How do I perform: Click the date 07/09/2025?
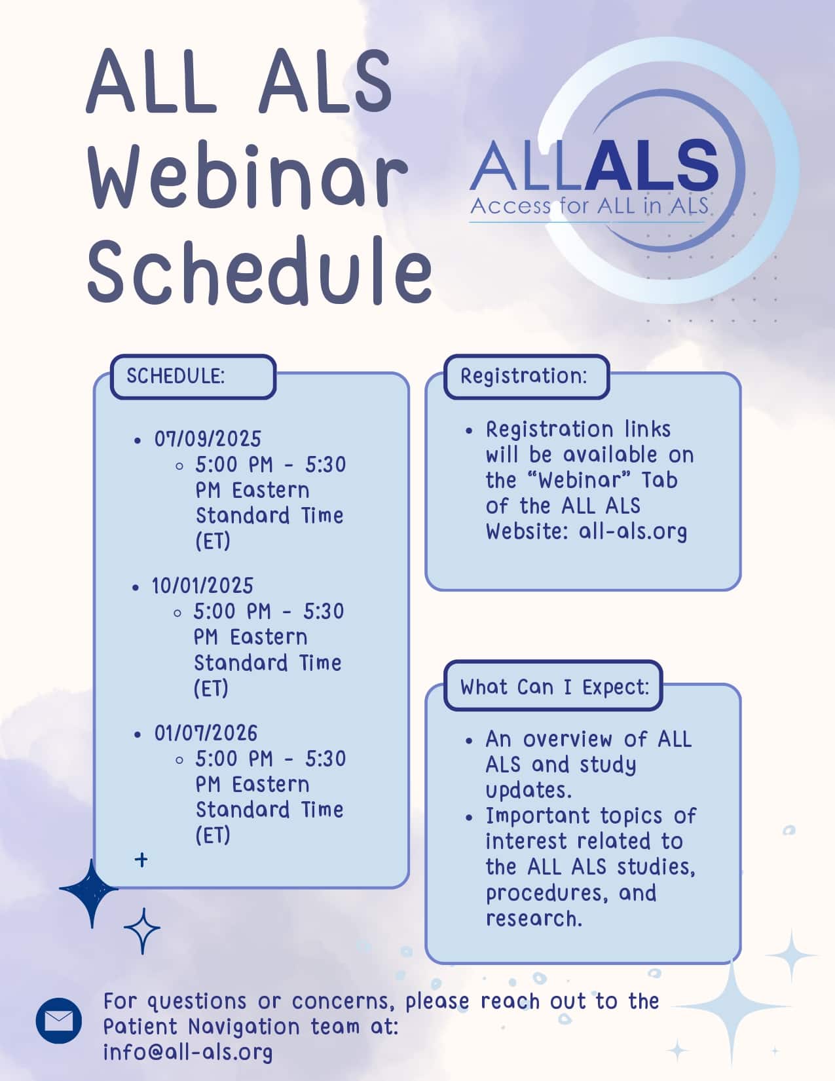pyautogui.click(x=208, y=439)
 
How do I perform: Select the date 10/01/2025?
pyautogui.click(x=202, y=586)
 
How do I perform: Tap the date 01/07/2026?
pyautogui.click(x=206, y=732)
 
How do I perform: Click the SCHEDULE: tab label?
pyautogui.click(x=176, y=376)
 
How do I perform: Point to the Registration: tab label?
pyautogui.click(x=524, y=376)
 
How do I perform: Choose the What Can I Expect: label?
pyautogui.click(x=555, y=687)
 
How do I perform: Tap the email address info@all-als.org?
pyautogui.click(x=188, y=1053)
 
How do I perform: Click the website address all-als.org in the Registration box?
pyautogui.click(x=633, y=531)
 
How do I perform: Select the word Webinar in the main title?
pyautogui.click(x=247, y=177)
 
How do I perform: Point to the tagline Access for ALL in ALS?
pyautogui.click(x=589, y=206)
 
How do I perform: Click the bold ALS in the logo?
pyautogui.click(x=651, y=164)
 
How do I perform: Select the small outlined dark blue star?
pyautogui.click(x=142, y=931)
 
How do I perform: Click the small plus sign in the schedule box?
pyautogui.click(x=141, y=860)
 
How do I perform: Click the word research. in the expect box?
pyautogui.click(x=534, y=919)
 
